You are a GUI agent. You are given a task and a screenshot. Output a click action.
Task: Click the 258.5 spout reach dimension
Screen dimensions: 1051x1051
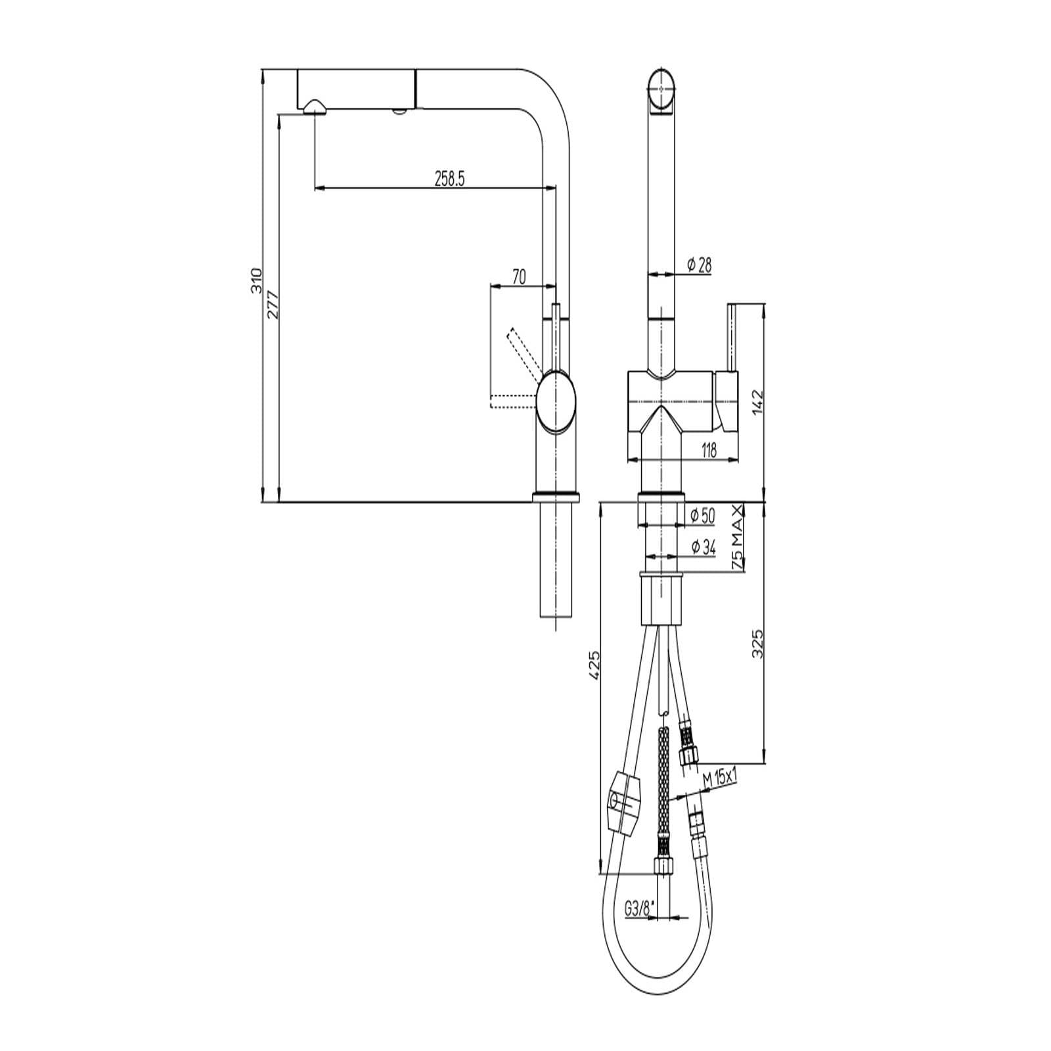tap(450, 179)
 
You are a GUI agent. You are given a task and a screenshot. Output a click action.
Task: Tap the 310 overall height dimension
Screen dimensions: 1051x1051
tap(257, 280)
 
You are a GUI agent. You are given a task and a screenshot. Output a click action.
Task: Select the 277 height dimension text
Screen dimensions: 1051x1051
tap(273, 305)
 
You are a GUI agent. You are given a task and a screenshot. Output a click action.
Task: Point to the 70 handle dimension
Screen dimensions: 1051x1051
tap(519, 277)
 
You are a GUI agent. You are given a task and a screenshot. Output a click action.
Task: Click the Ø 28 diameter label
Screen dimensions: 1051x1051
tap(699, 265)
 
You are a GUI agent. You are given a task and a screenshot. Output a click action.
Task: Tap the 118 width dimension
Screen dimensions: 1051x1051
tap(709, 450)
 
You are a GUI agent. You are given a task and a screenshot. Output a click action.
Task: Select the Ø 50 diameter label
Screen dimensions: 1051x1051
tap(702, 516)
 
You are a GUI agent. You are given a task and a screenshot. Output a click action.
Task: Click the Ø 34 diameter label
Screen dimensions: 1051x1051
tap(704, 547)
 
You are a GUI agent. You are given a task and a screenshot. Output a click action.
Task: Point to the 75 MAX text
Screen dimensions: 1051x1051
tap(738, 537)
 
